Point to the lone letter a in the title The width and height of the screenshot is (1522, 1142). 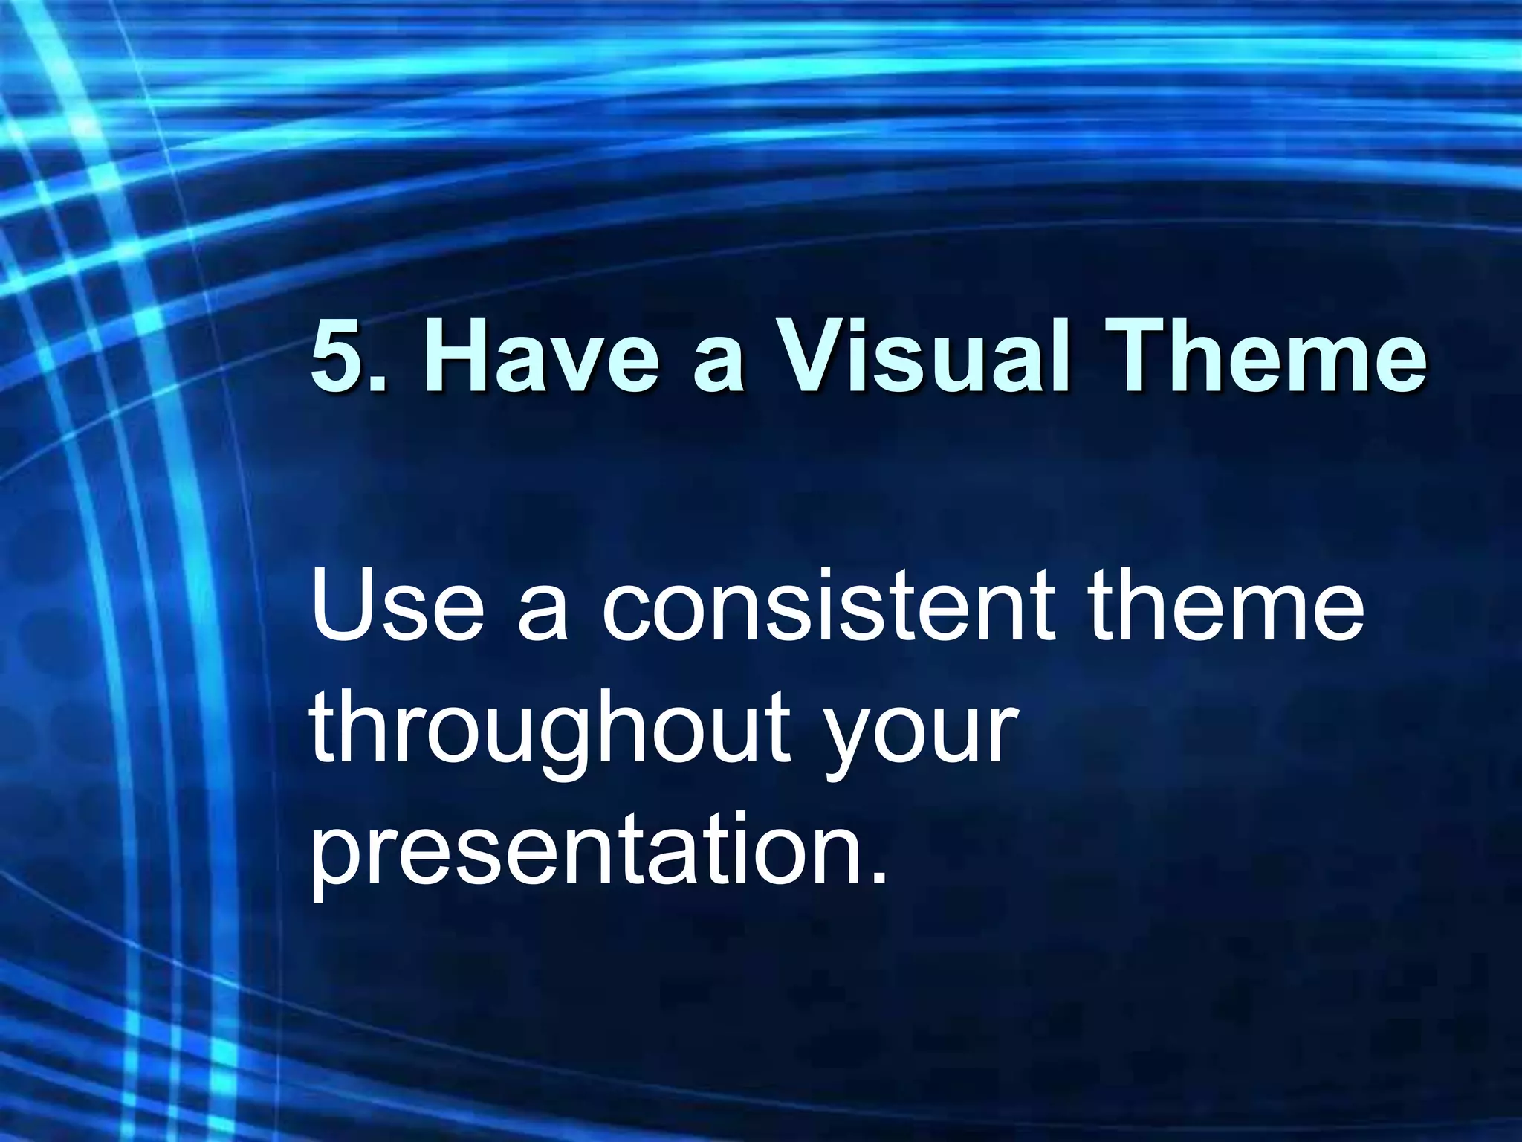point(718,364)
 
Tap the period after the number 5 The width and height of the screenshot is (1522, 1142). point(377,383)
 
